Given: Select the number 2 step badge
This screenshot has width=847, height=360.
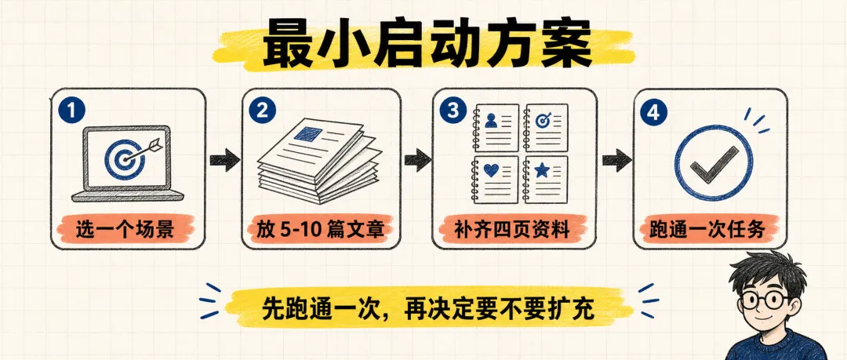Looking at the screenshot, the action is (263, 111).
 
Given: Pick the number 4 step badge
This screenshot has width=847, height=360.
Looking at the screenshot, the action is (653, 112).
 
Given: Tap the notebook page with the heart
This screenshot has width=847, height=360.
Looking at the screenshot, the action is (496, 180).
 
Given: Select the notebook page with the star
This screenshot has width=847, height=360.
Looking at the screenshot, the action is (546, 180).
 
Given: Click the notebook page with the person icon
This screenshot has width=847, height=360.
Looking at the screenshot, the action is (496, 128).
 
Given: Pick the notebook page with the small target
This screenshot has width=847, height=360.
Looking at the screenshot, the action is (546, 128).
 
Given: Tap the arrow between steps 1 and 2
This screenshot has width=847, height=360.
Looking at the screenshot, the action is (224, 161).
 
